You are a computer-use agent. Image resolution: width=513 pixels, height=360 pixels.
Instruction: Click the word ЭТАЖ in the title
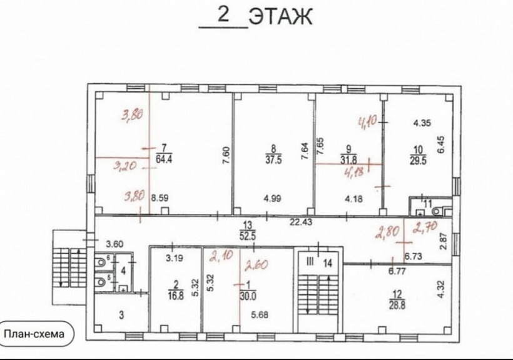[x=280, y=17]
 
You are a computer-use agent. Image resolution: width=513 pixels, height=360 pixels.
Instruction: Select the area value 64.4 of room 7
[x=163, y=158]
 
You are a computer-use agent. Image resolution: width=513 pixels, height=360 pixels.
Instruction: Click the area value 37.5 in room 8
[x=272, y=158]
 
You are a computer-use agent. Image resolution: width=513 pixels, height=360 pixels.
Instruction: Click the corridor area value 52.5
[x=249, y=234]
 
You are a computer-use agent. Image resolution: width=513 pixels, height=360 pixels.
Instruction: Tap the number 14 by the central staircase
[x=327, y=263]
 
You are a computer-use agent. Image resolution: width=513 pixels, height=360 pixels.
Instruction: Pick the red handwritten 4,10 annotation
[x=368, y=120]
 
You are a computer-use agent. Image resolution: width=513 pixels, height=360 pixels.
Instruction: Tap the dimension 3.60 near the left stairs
[x=115, y=244]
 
